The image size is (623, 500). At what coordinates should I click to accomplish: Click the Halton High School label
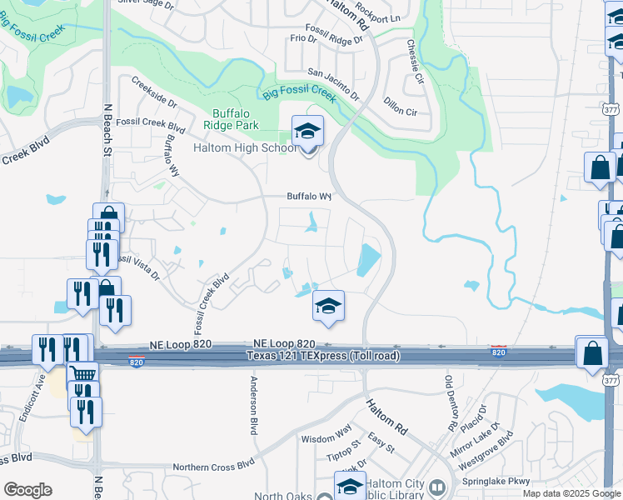(243, 148)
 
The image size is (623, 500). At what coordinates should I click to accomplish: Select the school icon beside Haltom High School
(307, 132)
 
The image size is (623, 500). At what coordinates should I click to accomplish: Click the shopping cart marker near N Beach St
(82, 373)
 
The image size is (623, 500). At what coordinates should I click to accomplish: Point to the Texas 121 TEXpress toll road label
(322, 357)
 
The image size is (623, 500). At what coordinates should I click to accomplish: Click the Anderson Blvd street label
(253, 404)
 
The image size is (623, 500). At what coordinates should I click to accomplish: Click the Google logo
(28, 490)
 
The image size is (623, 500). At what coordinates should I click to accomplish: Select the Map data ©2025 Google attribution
(571, 493)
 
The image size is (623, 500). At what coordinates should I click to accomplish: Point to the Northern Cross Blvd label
(212, 467)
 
